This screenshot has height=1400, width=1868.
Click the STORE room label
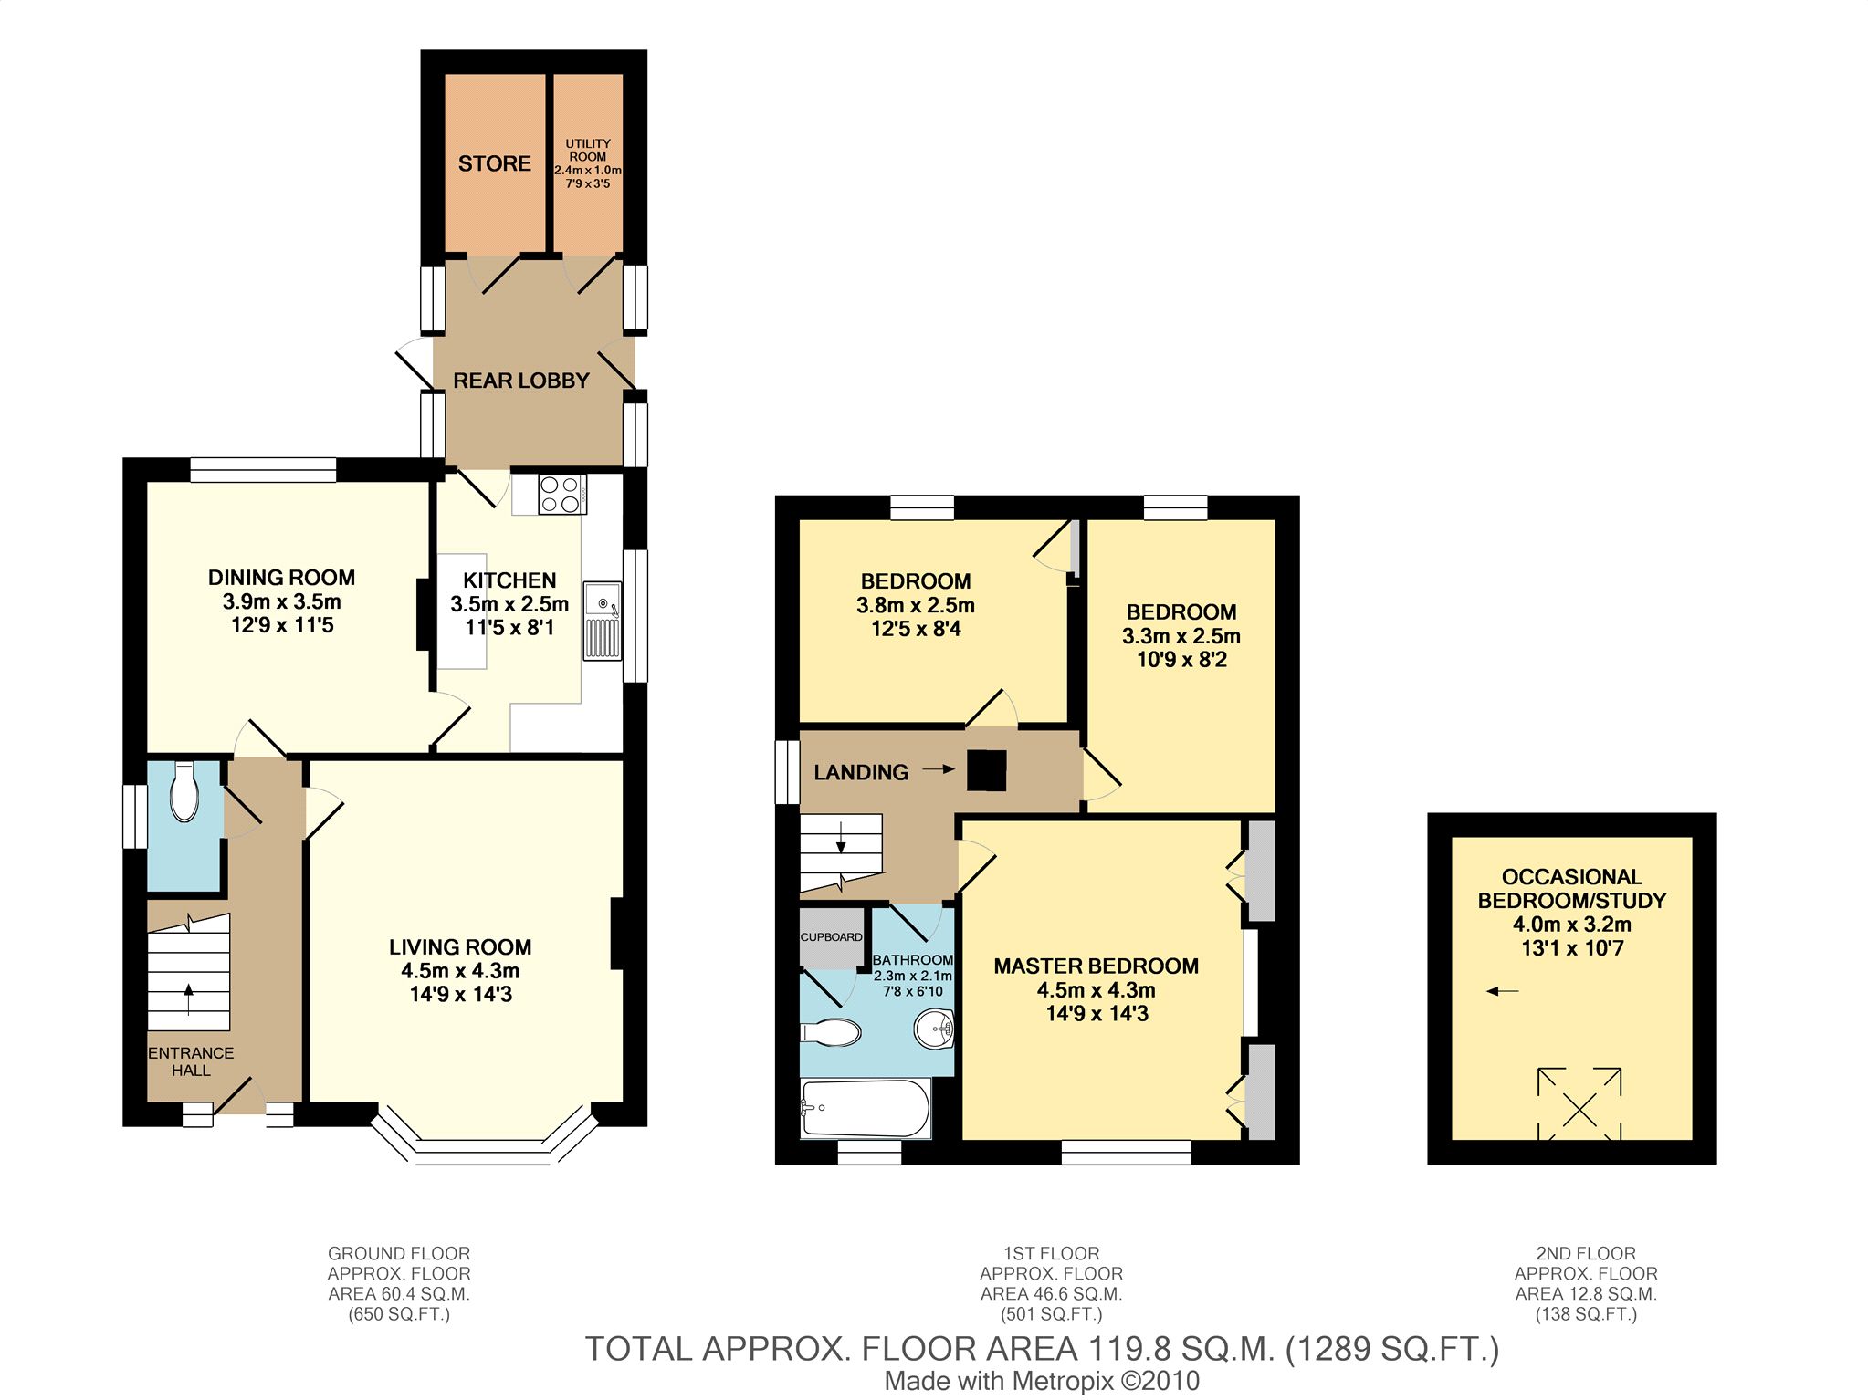pyautogui.click(x=494, y=163)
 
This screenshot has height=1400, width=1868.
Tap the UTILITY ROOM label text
pyautogui.click(x=588, y=150)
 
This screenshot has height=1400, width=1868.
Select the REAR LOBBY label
pyautogui.click(x=521, y=381)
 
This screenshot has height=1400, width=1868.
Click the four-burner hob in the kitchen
pyautogui.click(x=561, y=494)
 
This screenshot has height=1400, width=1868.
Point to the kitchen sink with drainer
pyautogui.click(x=603, y=620)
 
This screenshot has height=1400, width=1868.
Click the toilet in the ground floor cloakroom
pyautogui.click(x=184, y=790)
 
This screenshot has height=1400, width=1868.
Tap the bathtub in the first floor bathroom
pyautogui.click(x=866, y=1108)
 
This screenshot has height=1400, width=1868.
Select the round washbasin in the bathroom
pyautogui.click(x=933, y=1030)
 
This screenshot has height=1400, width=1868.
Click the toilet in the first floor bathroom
pyautogui.click(x=830, y=1032)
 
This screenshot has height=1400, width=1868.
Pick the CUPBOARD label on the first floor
pyautogui.click(x=832, y=937)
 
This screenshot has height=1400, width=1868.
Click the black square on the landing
pyautogui.click(x=986, y=769)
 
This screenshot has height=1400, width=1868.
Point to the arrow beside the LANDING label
pyautogui.click(x=938, y=770)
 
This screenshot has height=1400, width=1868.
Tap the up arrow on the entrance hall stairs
pyautogui.click(x=189, y=998)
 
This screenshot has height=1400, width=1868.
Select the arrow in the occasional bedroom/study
pyautogui.click(x=1503, y=991)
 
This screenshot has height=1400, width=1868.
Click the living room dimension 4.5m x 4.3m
pyautogui.click(x=460, y=971)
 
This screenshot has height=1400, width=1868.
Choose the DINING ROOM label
pyautogui.click(x=281, y=578)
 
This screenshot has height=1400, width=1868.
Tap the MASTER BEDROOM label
pyautogui.click(x=1096, y=966)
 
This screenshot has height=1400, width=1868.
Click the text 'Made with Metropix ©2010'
pyautogui.click(x=1042, y=1382)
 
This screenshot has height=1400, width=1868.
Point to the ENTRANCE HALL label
pyautogui.click(x=191, y=1061)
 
